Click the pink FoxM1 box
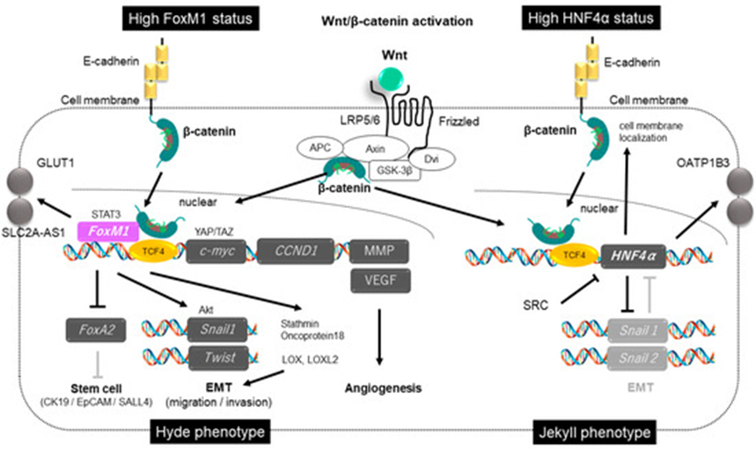[108, 231]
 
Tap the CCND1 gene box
[295, 251]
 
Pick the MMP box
[380, 251]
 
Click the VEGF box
[380, 280]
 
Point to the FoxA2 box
[96, 330]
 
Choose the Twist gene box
[218, 358]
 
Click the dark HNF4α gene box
[633, 256]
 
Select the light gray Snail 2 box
[638, 358]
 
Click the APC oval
[319, 148]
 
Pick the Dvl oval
[431, 159]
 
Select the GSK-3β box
[394, 170]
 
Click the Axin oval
[375, 149]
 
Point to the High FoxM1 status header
[190, 18]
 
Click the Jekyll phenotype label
[594, 432]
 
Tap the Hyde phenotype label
[210, 432]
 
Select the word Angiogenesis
[384, 388]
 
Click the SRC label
[536, 306]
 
